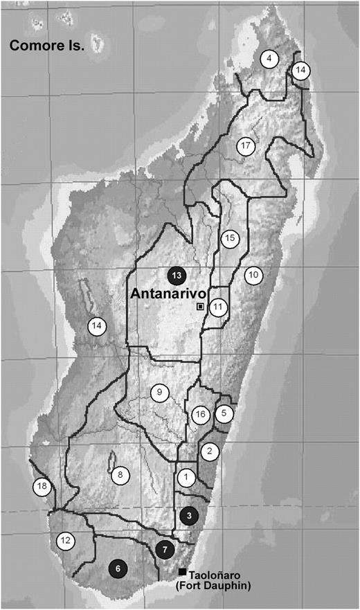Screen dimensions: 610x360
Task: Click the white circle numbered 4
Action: point(269,59)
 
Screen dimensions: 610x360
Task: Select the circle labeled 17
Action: point(245,146)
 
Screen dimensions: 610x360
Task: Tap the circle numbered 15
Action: point(231,238)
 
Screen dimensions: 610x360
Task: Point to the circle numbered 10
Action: point(253,275)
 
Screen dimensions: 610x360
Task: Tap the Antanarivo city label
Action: point(165,293)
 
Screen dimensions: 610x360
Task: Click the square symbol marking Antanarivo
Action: point(201,306)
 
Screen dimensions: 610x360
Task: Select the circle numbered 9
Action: point(160,393)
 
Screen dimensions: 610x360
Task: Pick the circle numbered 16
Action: point(201,415)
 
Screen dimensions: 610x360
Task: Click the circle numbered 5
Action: point(224,413)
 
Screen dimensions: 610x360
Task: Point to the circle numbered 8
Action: point(120,475)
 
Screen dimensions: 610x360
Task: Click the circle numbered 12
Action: point(66,541)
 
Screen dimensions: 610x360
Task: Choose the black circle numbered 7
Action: point(164,550)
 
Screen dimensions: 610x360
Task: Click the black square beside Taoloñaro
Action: point(182,572)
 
